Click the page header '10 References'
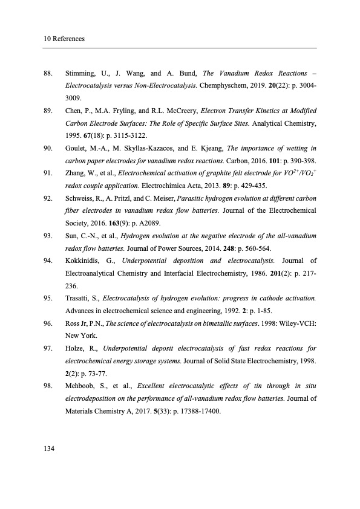[x=64, y=39]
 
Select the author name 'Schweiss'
[x=81, y=198]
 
